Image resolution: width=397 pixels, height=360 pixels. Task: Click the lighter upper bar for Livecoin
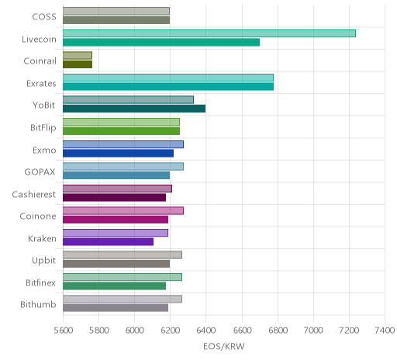pyautogui.click(x=209, y=33)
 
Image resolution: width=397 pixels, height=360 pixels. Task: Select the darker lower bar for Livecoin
pyautogui.click(x=161, y=43)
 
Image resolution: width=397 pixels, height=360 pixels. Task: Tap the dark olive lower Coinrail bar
pyautogui.click(x=78, y=64)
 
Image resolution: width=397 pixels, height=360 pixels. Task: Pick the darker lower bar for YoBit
pyautogui.click(x=134, y=109)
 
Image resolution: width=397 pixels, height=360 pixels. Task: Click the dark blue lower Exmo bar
pyautogui.click(x=118, y=153)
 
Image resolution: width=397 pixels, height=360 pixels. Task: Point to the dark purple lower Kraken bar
pyautogui.click(x=108, y=241)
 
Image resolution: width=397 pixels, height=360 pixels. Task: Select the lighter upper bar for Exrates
pyautogui.click(x=168, y=78)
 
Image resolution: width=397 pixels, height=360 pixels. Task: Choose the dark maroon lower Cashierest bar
pyautogui.click(x=114, y=197)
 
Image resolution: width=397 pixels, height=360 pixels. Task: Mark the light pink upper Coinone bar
pyautogui.click(x=123, y=210)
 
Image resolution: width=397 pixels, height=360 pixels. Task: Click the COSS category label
pyautogui.click(x=44, y=17)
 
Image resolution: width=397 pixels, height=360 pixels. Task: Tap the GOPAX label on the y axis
pyautogui.click(x=40, y=172)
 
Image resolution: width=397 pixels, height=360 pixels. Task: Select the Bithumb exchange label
pyautogui.click(x=38, y=304)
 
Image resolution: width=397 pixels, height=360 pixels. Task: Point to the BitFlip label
pyautogui.click(x=43, y=128)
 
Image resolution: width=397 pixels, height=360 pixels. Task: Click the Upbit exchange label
pyautogui.click(x=43, y=261)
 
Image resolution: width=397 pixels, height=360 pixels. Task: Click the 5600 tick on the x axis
pyautogui.click(x=64, y=331)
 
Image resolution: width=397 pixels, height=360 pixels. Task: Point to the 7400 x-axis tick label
pyautogui.click(x=385, y=331)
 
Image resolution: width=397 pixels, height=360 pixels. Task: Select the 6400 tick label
pyautogui.click(x=206, y=331)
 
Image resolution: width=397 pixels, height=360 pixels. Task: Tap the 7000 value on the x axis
pyautogui.click(x=313, y=331)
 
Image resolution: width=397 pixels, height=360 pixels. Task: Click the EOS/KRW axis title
pyautogui.click(x=224, y=346)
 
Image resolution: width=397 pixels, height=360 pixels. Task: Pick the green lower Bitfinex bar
pyautogui.click(x=114, y=286)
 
